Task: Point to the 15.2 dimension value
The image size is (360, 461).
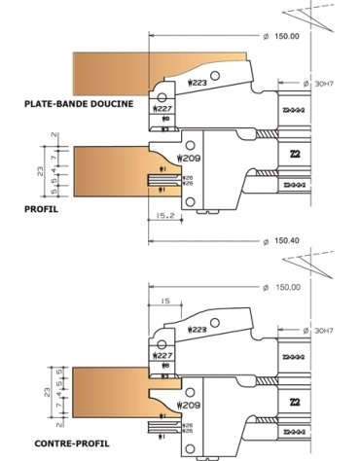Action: click(163, 217)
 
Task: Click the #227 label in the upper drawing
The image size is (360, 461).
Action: click(162, 110)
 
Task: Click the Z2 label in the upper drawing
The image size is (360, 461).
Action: click(294, 154)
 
